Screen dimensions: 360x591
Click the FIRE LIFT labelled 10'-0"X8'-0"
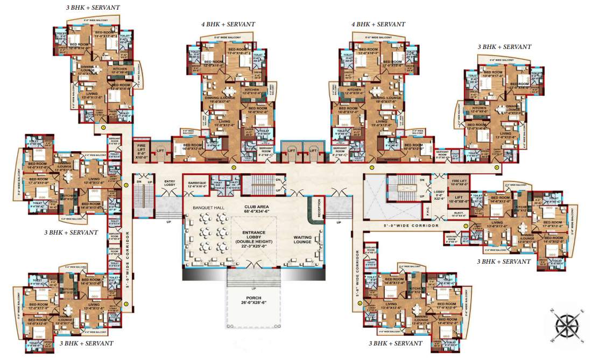point(459,183)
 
